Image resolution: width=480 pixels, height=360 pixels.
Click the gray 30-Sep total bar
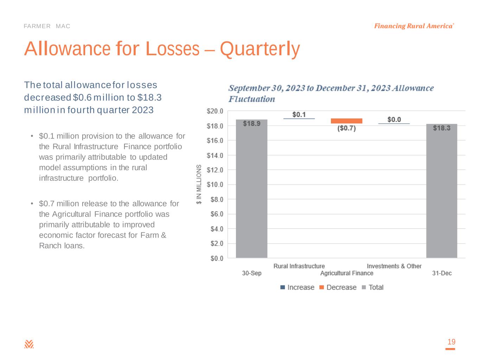click(x=251, y=190)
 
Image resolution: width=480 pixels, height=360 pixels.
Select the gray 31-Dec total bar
click(x=442, y=192)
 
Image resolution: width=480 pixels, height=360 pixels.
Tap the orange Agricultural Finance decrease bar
click(x=346, y=121)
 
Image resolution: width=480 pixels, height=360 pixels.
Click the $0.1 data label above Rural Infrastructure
click(x=299, y=115)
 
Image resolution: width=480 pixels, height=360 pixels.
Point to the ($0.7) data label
click(x=346, y=128)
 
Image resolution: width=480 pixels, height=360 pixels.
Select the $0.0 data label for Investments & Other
click(x=394, y=120)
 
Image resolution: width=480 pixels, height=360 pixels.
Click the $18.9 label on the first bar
click(x=252, y=123)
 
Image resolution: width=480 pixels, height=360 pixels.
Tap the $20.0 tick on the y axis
click(x=215, y=111)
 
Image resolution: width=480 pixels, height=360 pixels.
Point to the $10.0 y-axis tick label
click(x=215, y=185)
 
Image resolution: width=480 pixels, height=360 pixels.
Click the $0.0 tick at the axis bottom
click(x=216, y=258)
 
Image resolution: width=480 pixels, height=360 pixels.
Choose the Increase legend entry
click(x=297, y=287)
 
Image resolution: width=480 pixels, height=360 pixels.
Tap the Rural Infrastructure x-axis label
click(x=299, y=266)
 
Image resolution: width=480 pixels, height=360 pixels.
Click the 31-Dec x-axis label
click(x=442, y=273)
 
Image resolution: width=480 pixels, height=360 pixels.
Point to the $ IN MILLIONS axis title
click(x=199, y=184)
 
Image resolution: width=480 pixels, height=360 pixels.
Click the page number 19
click(x=451, y=342)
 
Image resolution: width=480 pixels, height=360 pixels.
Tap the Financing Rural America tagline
click(x=414, y=26)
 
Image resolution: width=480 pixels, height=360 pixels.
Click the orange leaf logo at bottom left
click(x=29, y=344)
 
